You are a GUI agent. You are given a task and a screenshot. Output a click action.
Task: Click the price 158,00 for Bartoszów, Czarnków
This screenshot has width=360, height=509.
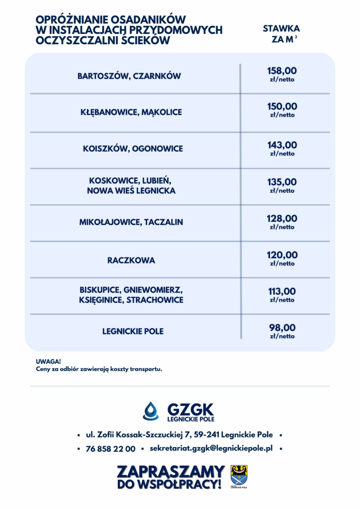click(282, 71)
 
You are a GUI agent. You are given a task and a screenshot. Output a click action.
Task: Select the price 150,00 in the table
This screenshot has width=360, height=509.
click(282, 106)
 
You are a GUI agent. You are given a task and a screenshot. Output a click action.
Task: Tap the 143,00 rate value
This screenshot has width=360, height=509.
click(282, 145)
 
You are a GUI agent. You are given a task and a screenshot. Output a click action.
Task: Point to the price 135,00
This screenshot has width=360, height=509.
click(282, 182)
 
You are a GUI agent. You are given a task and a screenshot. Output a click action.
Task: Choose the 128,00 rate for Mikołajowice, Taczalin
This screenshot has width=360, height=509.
click(282, 219)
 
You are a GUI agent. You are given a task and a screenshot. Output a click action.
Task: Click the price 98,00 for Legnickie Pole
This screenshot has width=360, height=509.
click(282, 328)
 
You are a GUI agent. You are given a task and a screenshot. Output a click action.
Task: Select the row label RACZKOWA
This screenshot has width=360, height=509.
click(131, 260)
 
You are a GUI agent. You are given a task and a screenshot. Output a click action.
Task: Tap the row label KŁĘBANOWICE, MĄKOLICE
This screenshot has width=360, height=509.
click(131, 112)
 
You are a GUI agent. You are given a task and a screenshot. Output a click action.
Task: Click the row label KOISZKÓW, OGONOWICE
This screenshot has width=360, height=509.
click(133, 149)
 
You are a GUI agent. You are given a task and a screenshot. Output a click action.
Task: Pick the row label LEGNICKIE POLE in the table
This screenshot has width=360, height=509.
click(133, 331)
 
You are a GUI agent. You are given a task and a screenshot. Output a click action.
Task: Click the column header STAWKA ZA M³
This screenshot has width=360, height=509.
click(281, 34)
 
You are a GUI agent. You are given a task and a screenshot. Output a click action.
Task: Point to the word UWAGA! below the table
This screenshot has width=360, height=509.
click(45, 361)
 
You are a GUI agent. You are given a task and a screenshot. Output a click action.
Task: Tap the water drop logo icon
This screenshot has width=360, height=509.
click(151, 411)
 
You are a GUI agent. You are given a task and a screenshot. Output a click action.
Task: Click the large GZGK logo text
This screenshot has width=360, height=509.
click(190, 410)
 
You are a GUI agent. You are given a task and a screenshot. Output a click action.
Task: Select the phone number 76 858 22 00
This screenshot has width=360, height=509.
click(110, 449)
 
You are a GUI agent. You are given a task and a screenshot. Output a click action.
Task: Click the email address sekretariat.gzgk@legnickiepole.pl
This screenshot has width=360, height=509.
click(211, 448)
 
